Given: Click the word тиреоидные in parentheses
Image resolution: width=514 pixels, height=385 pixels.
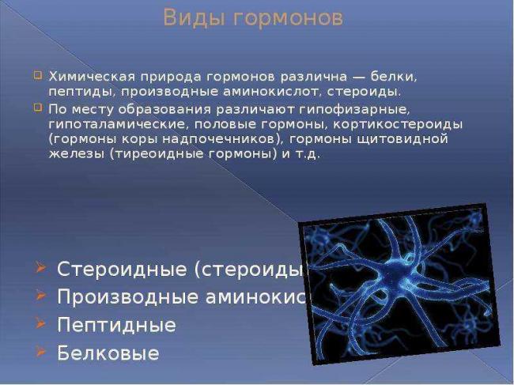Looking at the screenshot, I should tap(161, 154).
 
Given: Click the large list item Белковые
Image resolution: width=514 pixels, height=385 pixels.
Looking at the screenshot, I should tap(108, 353).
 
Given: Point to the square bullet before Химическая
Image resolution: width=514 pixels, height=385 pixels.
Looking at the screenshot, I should tap(38, 77).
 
